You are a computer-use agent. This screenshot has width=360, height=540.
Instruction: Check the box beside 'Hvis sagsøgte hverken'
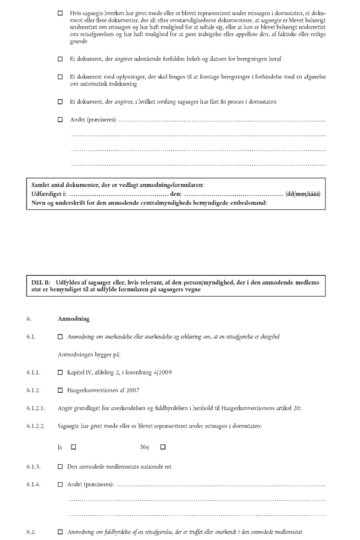tap(60, 12)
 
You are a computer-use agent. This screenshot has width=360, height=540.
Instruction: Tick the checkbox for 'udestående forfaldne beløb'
tap(60, 58)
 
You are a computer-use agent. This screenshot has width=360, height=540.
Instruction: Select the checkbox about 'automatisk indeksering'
tap(60, 77)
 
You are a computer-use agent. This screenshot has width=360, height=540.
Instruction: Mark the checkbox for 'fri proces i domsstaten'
tap(60, 102)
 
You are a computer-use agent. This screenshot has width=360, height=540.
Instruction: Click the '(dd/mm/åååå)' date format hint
tap(304, 193)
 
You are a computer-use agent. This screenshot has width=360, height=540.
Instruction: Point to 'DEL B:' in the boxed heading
tap(41, 282)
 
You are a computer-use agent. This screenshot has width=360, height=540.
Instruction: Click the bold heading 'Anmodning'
tap(74, 319)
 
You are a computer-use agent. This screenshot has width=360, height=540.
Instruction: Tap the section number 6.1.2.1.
tap(36, 408)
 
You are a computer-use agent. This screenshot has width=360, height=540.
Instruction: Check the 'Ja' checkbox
tap(73, 447)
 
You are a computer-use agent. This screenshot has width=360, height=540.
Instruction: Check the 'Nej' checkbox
tap(163, 447)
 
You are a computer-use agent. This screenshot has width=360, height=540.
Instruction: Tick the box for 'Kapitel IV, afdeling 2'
tap(60, 372)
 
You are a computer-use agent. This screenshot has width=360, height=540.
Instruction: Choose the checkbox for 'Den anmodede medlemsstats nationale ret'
tap(60, 466)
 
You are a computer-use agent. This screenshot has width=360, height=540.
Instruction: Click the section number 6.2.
tap(31, 533)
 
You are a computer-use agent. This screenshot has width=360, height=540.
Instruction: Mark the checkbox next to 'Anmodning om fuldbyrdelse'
tap(60, 533)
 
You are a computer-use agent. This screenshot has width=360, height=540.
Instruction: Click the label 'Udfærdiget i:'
tap(49, 193)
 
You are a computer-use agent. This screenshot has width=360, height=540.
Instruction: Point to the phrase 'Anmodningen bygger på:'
tap(85, 355)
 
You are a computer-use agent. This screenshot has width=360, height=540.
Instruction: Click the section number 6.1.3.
tap(34, 466)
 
